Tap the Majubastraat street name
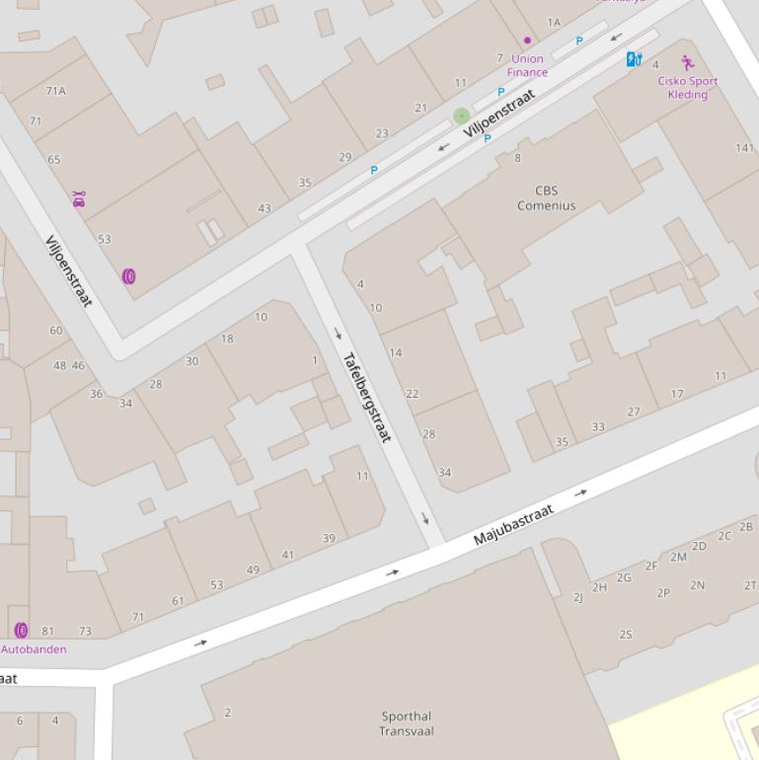click(x=513, y=524)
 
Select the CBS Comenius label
click(x=546, y=198)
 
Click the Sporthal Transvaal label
click(x=407, y=723)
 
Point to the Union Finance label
click(x=527, y=65)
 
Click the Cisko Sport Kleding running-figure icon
click(x=687, y=62)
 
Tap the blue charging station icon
click(x=634, y=59)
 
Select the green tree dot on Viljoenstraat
click(x=461, y=116)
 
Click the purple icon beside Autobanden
click(x=21, y=630)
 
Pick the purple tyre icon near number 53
click(x=128, y=276)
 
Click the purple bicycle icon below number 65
click(x=78, y=199)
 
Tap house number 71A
click(x=55, y=91)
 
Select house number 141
click(x=745, y=148)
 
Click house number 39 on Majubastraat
click(x=329, y=538)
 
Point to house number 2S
click(x=626, y=635)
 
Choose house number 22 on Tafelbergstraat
click(x=412, y=394)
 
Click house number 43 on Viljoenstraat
click(x=264, y=208)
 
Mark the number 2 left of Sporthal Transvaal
click(x=228, y=713)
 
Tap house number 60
click(x=55, y=331)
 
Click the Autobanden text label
click(x=34, y=649)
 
